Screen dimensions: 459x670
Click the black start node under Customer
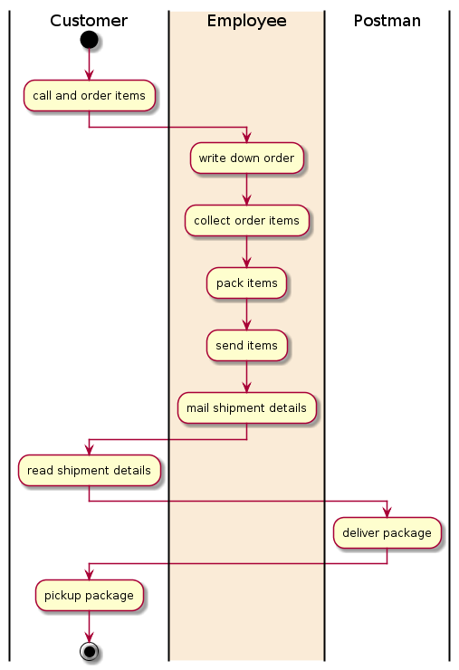click(89, 40)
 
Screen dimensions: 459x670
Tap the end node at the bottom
click(89, 651)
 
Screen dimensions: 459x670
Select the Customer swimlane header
click(89, 21)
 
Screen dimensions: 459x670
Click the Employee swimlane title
click(246, 21)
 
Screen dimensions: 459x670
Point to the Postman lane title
click(387, 21)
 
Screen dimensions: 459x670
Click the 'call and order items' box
click(89, 96)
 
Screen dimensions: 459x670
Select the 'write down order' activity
click(246, 158)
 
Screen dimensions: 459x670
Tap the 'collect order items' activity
click(246, 221)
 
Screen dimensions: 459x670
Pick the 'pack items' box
click(246, 282)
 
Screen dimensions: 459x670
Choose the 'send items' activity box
click(246, 345)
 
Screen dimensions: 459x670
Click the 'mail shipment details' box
click(246, 408)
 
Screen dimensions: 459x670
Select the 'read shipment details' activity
click(89, 471)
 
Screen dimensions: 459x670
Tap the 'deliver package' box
click(387, 533)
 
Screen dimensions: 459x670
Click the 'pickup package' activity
click(89, 595)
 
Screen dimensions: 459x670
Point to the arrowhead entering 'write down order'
click(246, 138)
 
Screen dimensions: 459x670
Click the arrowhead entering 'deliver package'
click(387, 512)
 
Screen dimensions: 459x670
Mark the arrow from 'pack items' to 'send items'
click(246, 314)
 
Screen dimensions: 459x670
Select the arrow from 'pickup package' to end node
click(89, 627)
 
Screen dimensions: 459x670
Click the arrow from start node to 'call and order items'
click(89, 64)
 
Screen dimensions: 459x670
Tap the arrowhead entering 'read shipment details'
click(89, 450)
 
